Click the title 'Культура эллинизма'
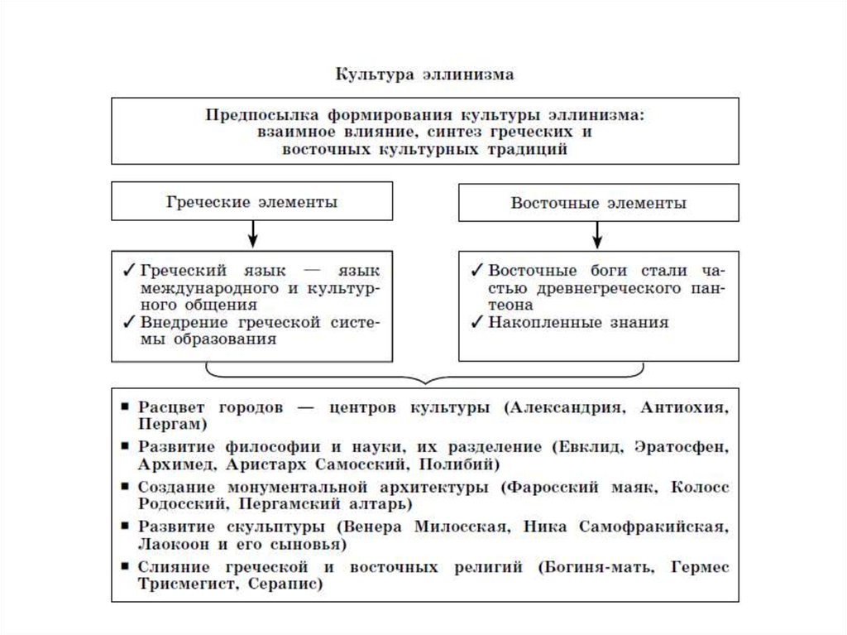tap(423, 75)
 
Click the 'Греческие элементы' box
tap(252, 202)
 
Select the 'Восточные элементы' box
tap(598, 202)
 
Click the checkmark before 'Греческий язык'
tap(129, 272)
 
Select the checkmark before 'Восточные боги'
tap(476, 272)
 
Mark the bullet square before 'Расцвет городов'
tap(124, 408)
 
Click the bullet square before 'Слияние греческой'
tap(124, 568)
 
